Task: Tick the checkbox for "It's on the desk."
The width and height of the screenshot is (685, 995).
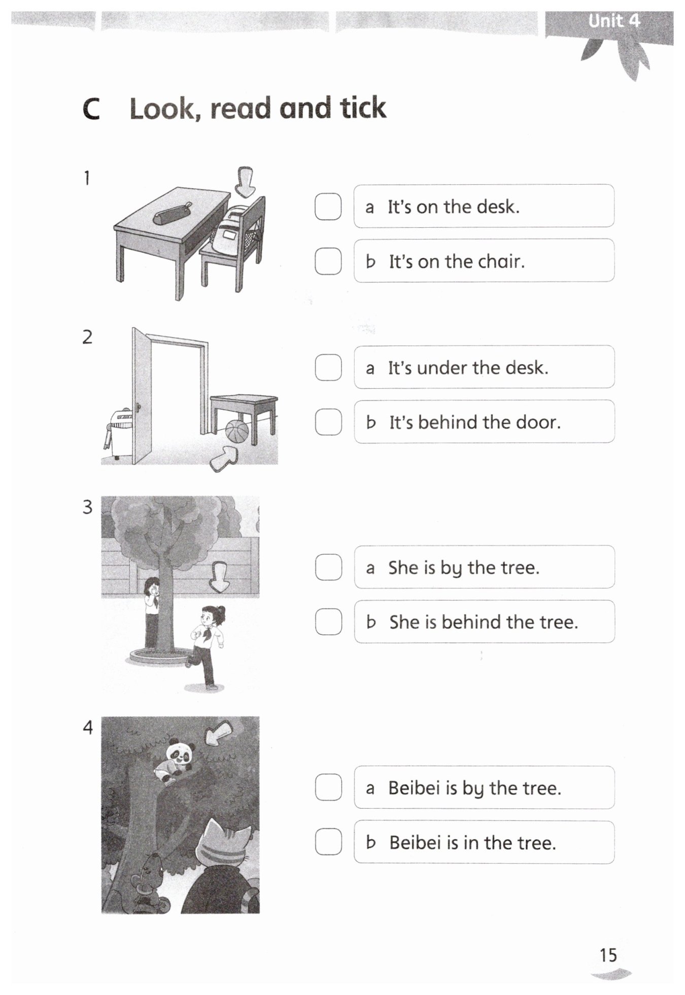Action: pyautogui.click(x=328, y=207)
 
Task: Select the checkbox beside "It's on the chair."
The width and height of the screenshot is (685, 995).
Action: pyautogui.click(x=328, y=261)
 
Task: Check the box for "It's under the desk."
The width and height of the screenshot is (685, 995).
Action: pyautogui.click(x=328, y=367)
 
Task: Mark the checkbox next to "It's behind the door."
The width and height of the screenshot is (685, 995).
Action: pyautogui.click(x=328, y=422)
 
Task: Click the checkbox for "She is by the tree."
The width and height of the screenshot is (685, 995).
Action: pyautogui.click(x=328, y=567)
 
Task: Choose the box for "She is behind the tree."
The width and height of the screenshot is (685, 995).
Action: pyautogui.click(x=328, y=622)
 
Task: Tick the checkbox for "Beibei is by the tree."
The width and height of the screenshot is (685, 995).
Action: pyautogui.click(x=328, y=787)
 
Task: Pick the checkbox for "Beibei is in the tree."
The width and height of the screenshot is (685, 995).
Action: pyautogui.click(x=328, y=842)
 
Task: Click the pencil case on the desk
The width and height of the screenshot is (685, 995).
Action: pyautogui.click(x=173, y=214)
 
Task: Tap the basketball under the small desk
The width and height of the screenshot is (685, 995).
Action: pyautogui.click(x=237, y=431)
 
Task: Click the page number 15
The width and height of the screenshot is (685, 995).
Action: pyautogui.click(x=608, y=955)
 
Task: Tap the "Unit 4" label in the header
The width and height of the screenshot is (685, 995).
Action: pyautogui.click(x=614, y=21)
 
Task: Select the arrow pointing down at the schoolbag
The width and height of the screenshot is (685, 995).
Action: pyautogui.click(x=246, y=182)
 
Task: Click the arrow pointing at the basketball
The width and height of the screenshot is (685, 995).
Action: pyautogui.click(x=224, y=458)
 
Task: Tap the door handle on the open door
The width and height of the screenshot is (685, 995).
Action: pyautogui.click(x=138, y=407)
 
